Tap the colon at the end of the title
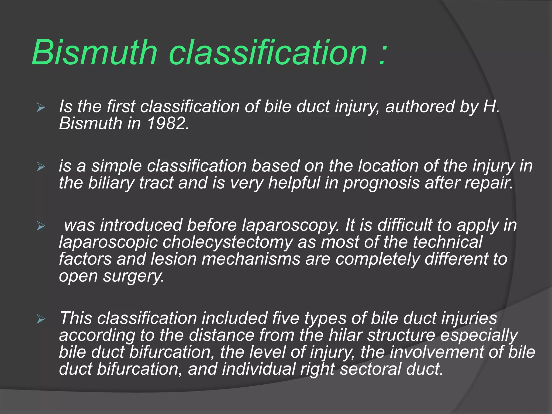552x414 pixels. coord(382,55)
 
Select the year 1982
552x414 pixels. coord(168,123)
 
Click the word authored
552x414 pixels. coord(420,106)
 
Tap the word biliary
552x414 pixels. coord(111,183)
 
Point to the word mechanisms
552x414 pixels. coord(251,259)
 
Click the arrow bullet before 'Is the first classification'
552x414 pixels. coord(41,108)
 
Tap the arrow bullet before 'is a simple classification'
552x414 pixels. coord(41,167)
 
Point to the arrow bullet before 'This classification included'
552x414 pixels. coord(41,319)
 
